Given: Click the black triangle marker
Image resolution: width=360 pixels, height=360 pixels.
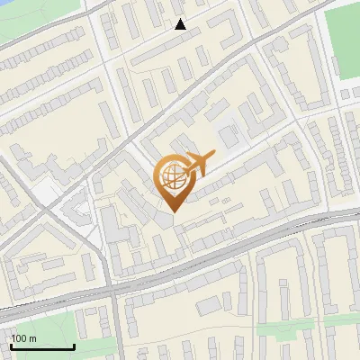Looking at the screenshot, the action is [x=181, y=24].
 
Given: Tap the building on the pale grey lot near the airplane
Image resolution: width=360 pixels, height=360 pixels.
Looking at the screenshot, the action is [x=227, y=135].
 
